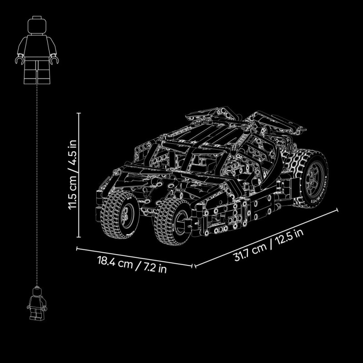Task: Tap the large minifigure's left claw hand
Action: coord(19,60)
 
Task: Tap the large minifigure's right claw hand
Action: coord(54,60)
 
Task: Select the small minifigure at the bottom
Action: coord(37,304)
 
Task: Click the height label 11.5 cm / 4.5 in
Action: coord(73,175)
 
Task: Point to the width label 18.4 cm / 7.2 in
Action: coord(132,265)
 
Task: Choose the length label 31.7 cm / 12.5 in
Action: coord(269,245)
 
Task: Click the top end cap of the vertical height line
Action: coord(78,113)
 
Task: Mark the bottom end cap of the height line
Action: coord(78,237)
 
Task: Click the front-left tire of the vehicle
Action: coord(120,214)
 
